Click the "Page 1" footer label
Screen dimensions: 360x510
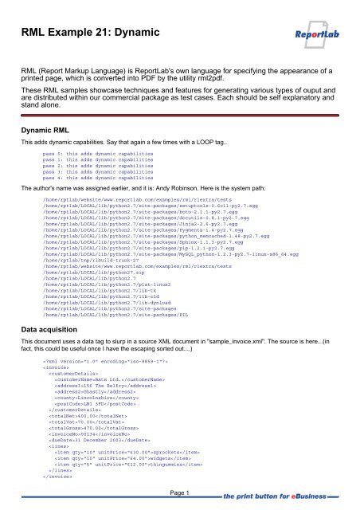click(180, 494)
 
